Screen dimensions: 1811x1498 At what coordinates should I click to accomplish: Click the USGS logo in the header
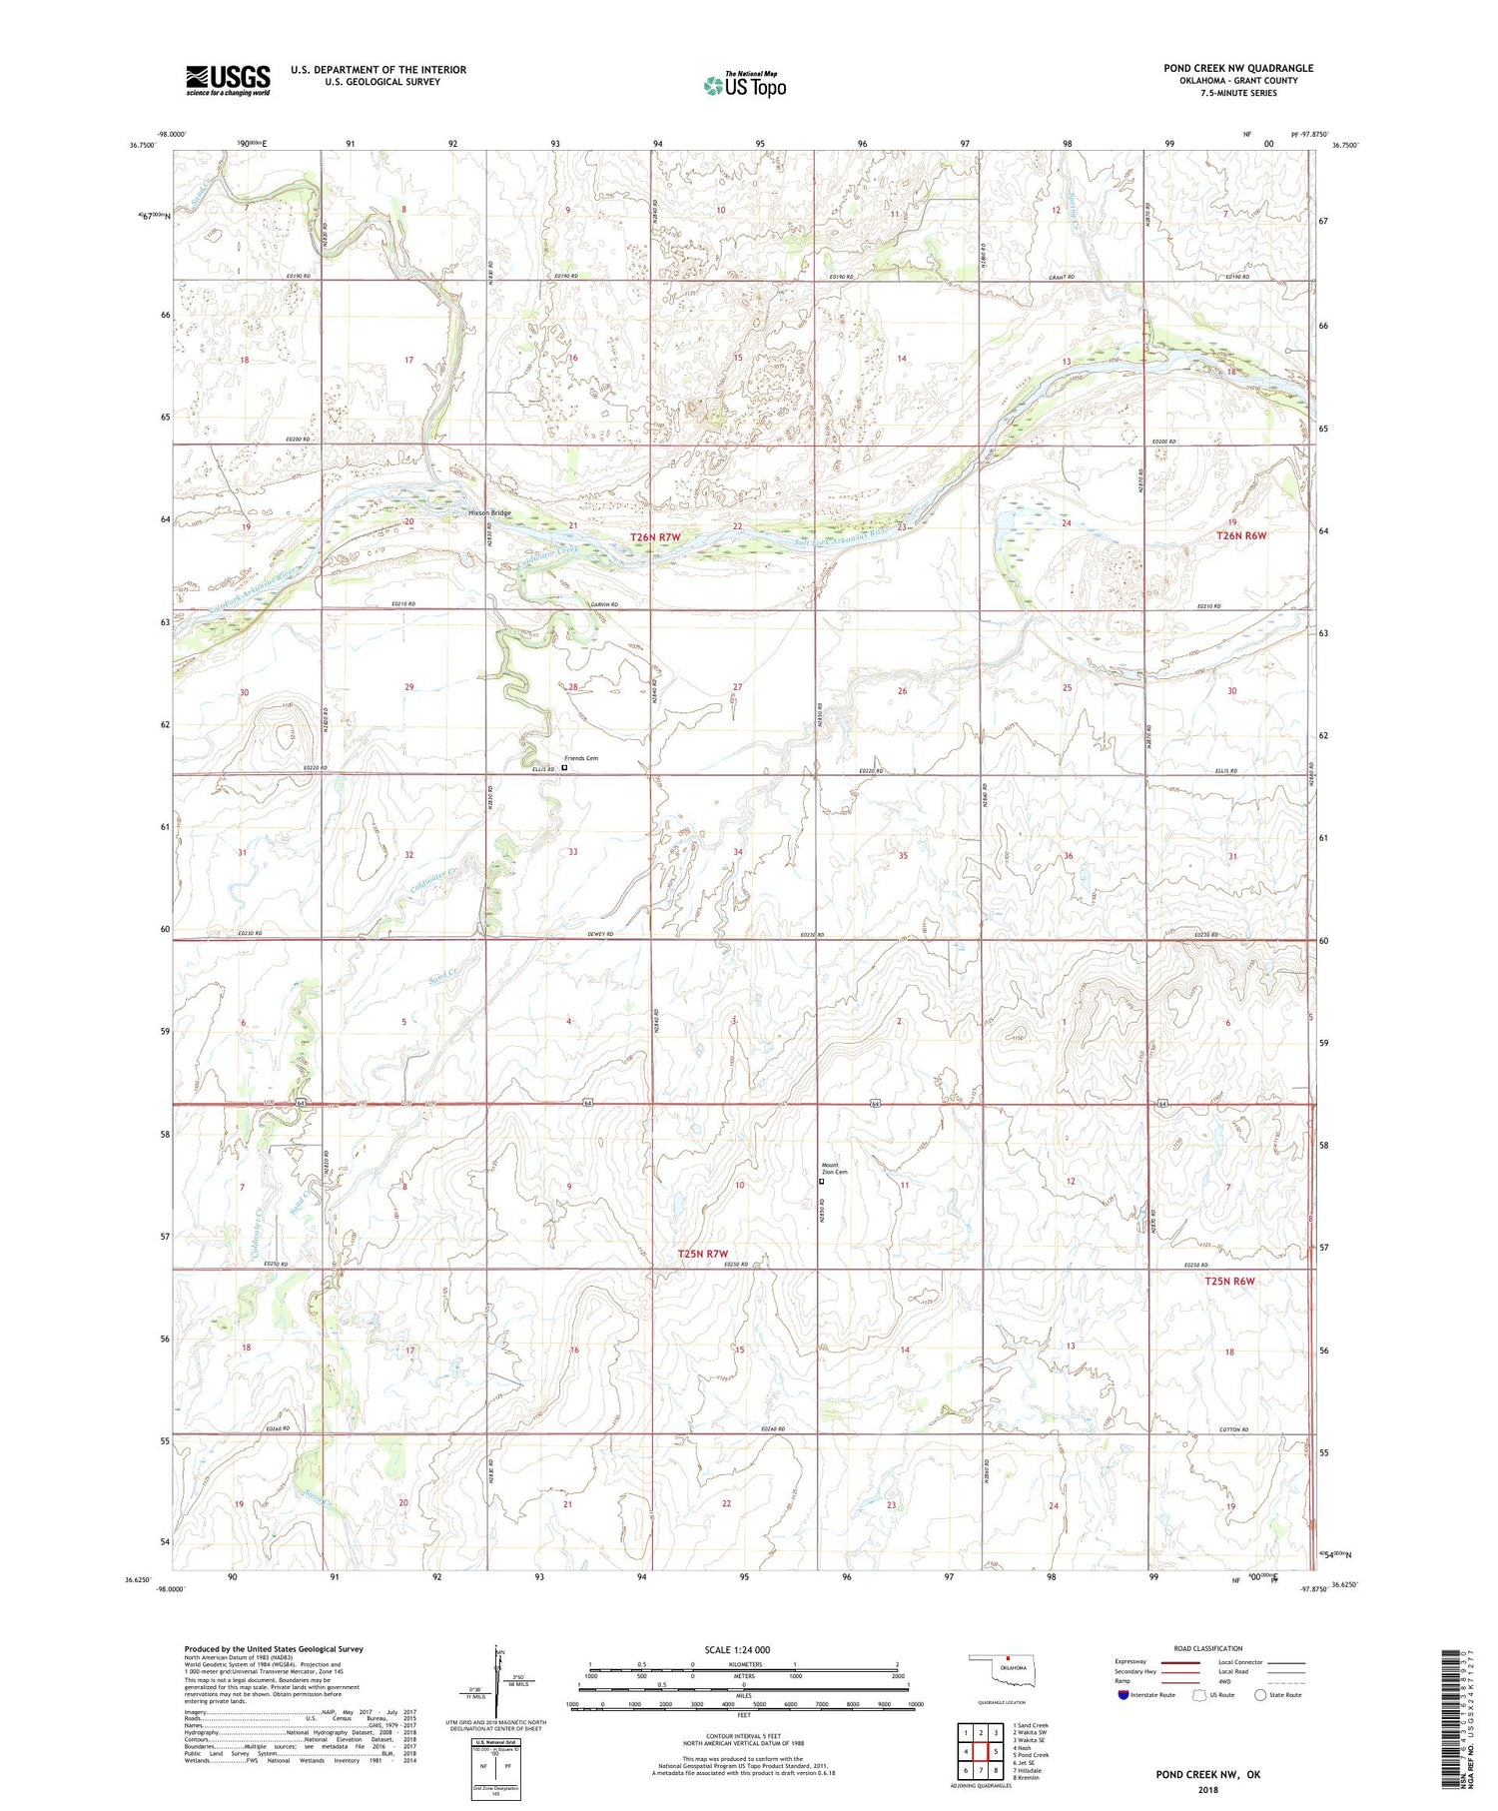tap(228, 80)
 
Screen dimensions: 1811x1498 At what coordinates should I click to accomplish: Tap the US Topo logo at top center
tap(744, 86)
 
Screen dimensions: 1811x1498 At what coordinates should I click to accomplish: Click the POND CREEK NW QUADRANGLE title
tap(1238, 68)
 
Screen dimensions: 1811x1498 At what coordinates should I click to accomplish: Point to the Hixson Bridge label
tap(489, 513)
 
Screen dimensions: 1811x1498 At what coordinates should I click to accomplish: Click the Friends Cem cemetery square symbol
tap(564, 768)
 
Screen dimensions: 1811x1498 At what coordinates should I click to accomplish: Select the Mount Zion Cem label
tap(835, 1169)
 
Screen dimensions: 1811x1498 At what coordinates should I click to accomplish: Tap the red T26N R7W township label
tap(655, 537)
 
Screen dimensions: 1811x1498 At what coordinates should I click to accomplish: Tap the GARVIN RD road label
tap(604, 604)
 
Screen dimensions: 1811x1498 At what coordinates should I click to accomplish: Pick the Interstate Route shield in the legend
tap(1123, 1695)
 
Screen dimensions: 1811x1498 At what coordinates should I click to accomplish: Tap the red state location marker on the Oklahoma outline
tap(1009, 1663)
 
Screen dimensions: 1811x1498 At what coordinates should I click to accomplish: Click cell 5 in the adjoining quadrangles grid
tap(996, 1751)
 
